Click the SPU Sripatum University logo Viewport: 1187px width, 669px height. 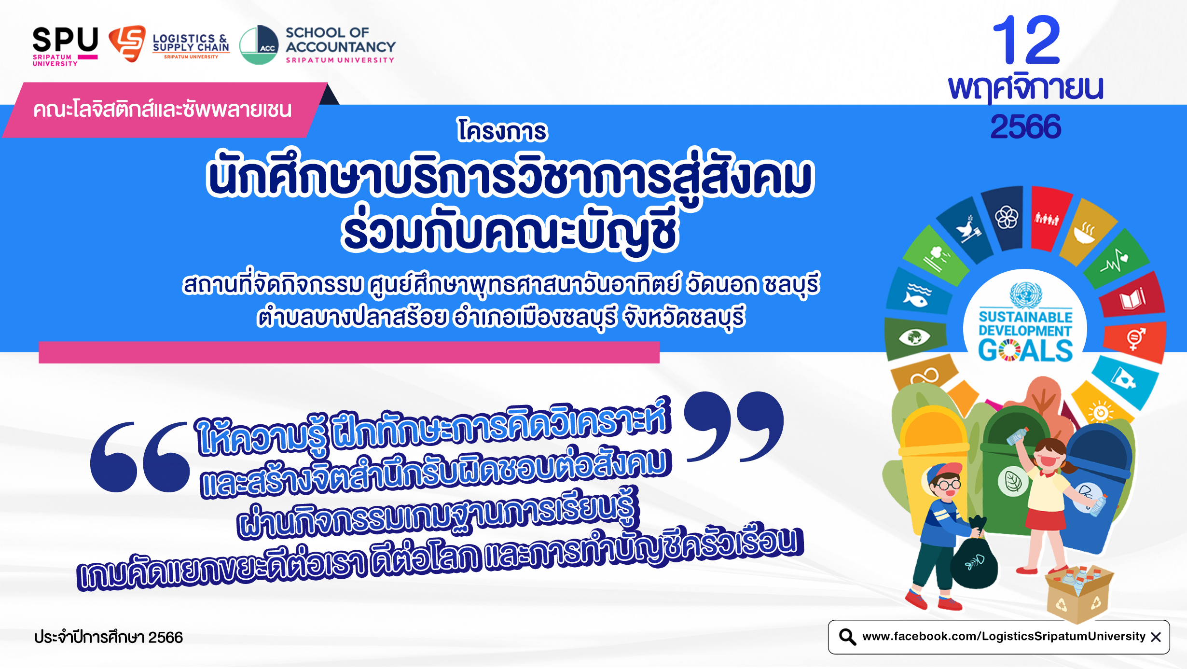[65, 46]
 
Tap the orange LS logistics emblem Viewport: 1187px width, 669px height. [127, 43]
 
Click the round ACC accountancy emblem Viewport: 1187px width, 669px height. [259, 45]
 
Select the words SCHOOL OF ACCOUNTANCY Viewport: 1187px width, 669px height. [340, 40]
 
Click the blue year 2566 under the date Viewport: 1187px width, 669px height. [1026, 126]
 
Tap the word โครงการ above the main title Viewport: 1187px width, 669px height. [502, 130]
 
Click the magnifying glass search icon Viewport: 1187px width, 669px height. [847, 637]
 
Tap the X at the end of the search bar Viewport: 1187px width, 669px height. [1156, 637]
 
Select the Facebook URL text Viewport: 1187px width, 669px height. [1004, 636]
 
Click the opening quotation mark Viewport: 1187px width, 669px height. [140, 457]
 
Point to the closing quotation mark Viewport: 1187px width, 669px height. [734, 426]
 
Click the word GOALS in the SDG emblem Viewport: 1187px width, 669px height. [1025, 350]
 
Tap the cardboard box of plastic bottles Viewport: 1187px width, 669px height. [1079, 594]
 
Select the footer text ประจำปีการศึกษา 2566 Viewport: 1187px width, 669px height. [109, 637]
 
